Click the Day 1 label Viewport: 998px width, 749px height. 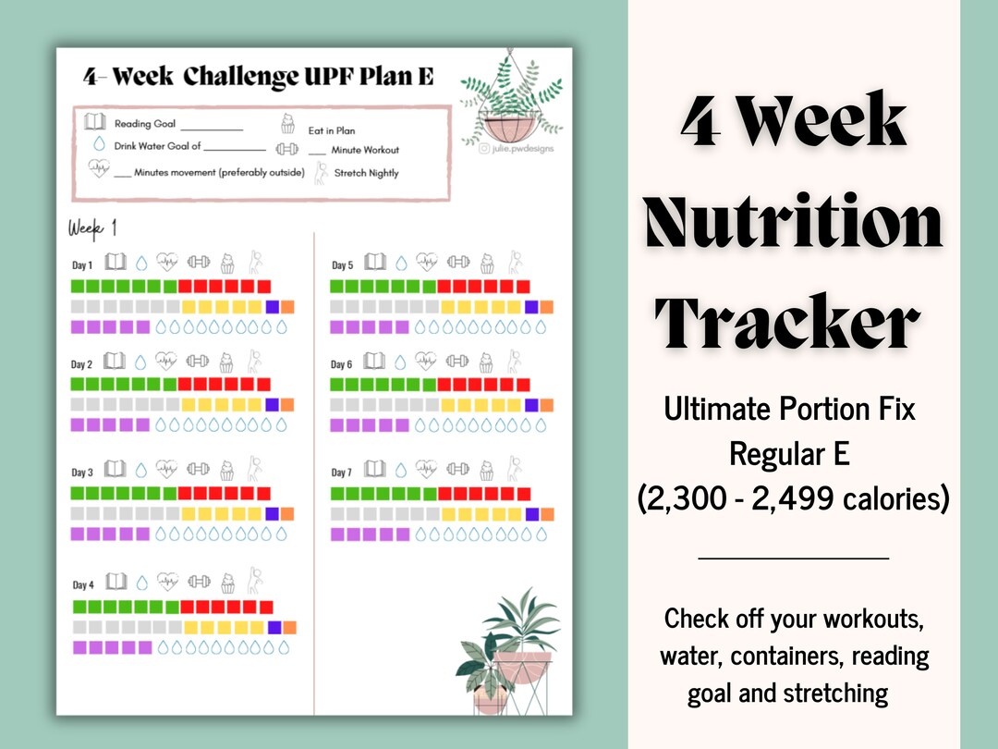(82, 265)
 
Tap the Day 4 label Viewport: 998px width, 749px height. (82, 584)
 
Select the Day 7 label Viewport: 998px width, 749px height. (341, 473)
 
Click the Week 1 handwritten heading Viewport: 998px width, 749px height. (92, 228)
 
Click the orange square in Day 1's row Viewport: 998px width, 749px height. (287, 307)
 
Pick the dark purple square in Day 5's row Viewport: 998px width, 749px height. (531, 307)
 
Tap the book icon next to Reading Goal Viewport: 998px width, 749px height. (94, 122)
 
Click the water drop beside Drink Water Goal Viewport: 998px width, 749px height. (99, 144)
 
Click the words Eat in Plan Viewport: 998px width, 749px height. (332, 130)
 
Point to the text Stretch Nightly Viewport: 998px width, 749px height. (366, 173)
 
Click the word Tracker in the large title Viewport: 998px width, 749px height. (787, 321)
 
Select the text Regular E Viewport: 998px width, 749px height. (790, 453)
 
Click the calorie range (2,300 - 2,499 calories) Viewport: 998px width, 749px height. (793, 499)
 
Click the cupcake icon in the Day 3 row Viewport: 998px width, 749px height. (227, 471)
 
